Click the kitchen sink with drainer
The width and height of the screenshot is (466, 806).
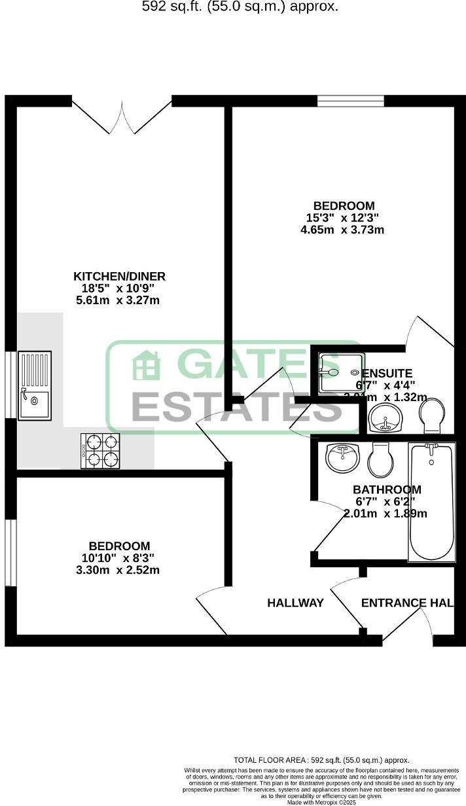[x=34, y=385]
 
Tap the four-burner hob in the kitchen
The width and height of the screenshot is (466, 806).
[x=100, y=450]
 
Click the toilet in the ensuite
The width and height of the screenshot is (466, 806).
[x=432, y=416]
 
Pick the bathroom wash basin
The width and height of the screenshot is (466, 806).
[x=342, y=457]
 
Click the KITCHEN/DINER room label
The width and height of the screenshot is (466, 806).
[x=119, y=276]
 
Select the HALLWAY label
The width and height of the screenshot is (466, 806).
[x=295, y=603]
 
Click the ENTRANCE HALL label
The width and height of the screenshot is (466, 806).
[x=407, y=603]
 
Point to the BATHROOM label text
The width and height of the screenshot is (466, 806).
[x=387, y=489]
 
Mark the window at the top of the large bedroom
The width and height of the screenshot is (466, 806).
[x=350, y=101]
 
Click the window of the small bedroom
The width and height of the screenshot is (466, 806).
[x=10, y=553]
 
